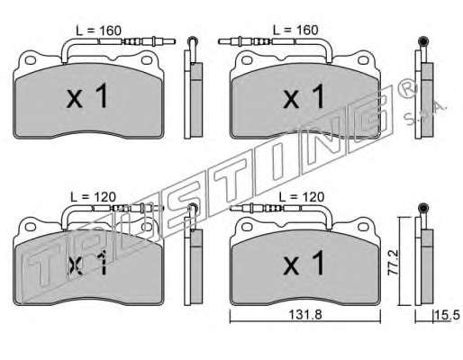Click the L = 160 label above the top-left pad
[98, 31]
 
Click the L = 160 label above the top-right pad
[295, 30]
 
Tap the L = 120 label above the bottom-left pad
[93, 197]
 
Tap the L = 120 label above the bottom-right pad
[302, 197]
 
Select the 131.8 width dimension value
[305, 315]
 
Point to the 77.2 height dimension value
[393, 262]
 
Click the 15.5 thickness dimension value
[447, 315]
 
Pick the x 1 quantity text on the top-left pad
[87, 95]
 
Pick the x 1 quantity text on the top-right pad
[304, 95]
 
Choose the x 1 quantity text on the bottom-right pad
[304, 263]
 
